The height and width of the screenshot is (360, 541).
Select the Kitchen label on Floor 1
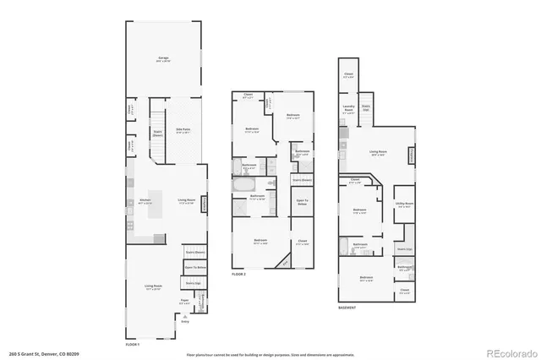tap(145, 200)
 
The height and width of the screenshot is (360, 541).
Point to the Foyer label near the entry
tap(183, 300)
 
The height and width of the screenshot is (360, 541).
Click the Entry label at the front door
tap(185, 322)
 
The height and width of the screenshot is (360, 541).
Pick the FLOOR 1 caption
tap(132, 344)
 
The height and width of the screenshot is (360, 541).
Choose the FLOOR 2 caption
tap(238, 275)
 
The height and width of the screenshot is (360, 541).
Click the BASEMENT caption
tap(347, 308)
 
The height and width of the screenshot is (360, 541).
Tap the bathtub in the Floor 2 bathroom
tap(243, 183)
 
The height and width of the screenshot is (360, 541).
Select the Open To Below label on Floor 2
tap(302, 202)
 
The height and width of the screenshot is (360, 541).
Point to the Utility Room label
tap(404, 204)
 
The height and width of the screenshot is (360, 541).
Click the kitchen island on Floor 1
tap(157, 207)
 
